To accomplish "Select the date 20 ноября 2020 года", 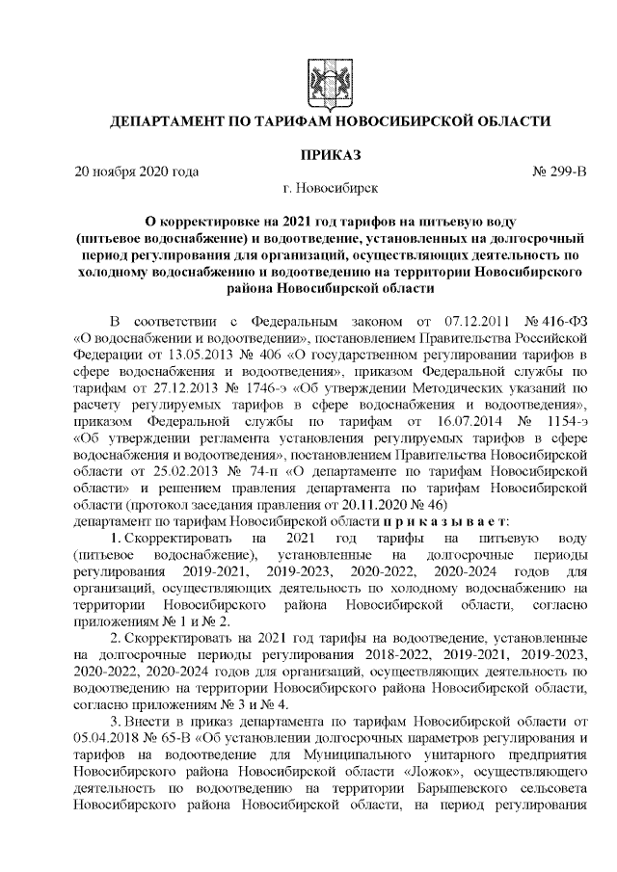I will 137,172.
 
